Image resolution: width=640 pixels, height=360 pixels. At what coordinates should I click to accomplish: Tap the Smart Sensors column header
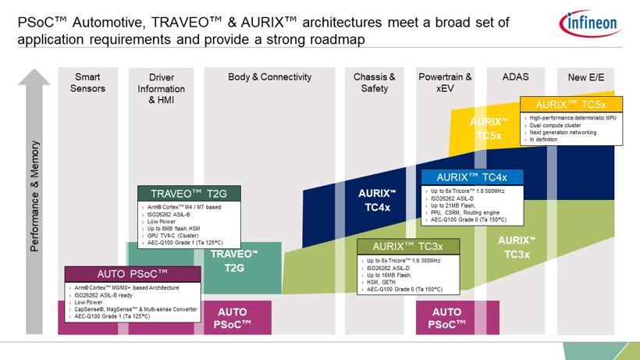pos(87,83)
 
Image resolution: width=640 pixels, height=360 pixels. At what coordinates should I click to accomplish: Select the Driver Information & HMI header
pos(166,89)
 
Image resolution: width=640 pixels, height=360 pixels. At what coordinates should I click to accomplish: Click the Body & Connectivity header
pos(269,77)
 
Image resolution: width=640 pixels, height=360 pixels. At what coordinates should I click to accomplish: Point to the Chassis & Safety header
pos(374,83)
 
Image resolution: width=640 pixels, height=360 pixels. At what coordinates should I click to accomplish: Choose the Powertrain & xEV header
pos(445,83)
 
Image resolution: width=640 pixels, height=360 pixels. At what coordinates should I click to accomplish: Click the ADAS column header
pos(515,77)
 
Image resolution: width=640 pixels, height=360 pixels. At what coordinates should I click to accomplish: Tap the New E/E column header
pos(586,77)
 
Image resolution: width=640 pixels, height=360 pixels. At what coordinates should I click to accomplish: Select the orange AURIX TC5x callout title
pos(571,104)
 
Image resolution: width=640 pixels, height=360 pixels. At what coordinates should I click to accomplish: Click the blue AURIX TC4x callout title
pos(471,177)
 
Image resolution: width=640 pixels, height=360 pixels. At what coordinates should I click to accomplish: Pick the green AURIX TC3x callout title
pos(408,247)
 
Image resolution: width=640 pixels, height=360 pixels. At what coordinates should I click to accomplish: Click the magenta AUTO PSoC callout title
pos(133,274)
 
